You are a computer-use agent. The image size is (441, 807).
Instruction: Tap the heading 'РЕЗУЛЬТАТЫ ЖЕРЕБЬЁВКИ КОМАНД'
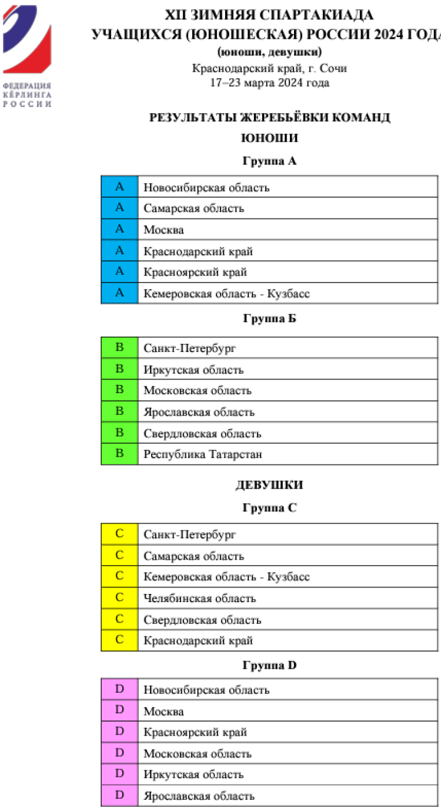(270, 118)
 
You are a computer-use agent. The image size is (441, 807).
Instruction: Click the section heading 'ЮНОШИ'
(270, 138)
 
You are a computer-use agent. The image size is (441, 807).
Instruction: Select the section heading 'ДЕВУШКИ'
(270, 486)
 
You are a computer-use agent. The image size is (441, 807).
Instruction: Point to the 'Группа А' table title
(270, 161)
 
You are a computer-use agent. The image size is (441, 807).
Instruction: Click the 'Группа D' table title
(270, 666)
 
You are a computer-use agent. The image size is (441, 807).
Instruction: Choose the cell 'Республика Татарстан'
(203, 454)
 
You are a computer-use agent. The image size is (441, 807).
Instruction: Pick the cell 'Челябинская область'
(200, 599)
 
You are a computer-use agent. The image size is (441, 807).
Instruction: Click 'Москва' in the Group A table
(164, 230)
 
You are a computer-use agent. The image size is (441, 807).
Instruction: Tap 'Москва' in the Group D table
(164, 712)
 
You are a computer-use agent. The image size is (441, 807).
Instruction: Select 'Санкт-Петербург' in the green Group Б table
(189, 348)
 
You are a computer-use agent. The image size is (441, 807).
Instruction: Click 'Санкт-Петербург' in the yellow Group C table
(189, 535)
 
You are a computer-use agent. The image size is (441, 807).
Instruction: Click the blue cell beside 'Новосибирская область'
(119, 187)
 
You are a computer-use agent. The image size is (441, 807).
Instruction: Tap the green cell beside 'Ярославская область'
(119, 412)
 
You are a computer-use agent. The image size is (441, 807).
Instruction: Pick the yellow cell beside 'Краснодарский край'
(119, 640)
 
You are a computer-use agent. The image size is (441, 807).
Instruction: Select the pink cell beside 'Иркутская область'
(119, 775)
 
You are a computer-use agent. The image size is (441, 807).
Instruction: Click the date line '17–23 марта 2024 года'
(270, 83)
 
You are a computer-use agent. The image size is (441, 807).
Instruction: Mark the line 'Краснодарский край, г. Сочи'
(270, 68)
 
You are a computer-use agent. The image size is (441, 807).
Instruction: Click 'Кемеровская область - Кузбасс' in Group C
(226, 577)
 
